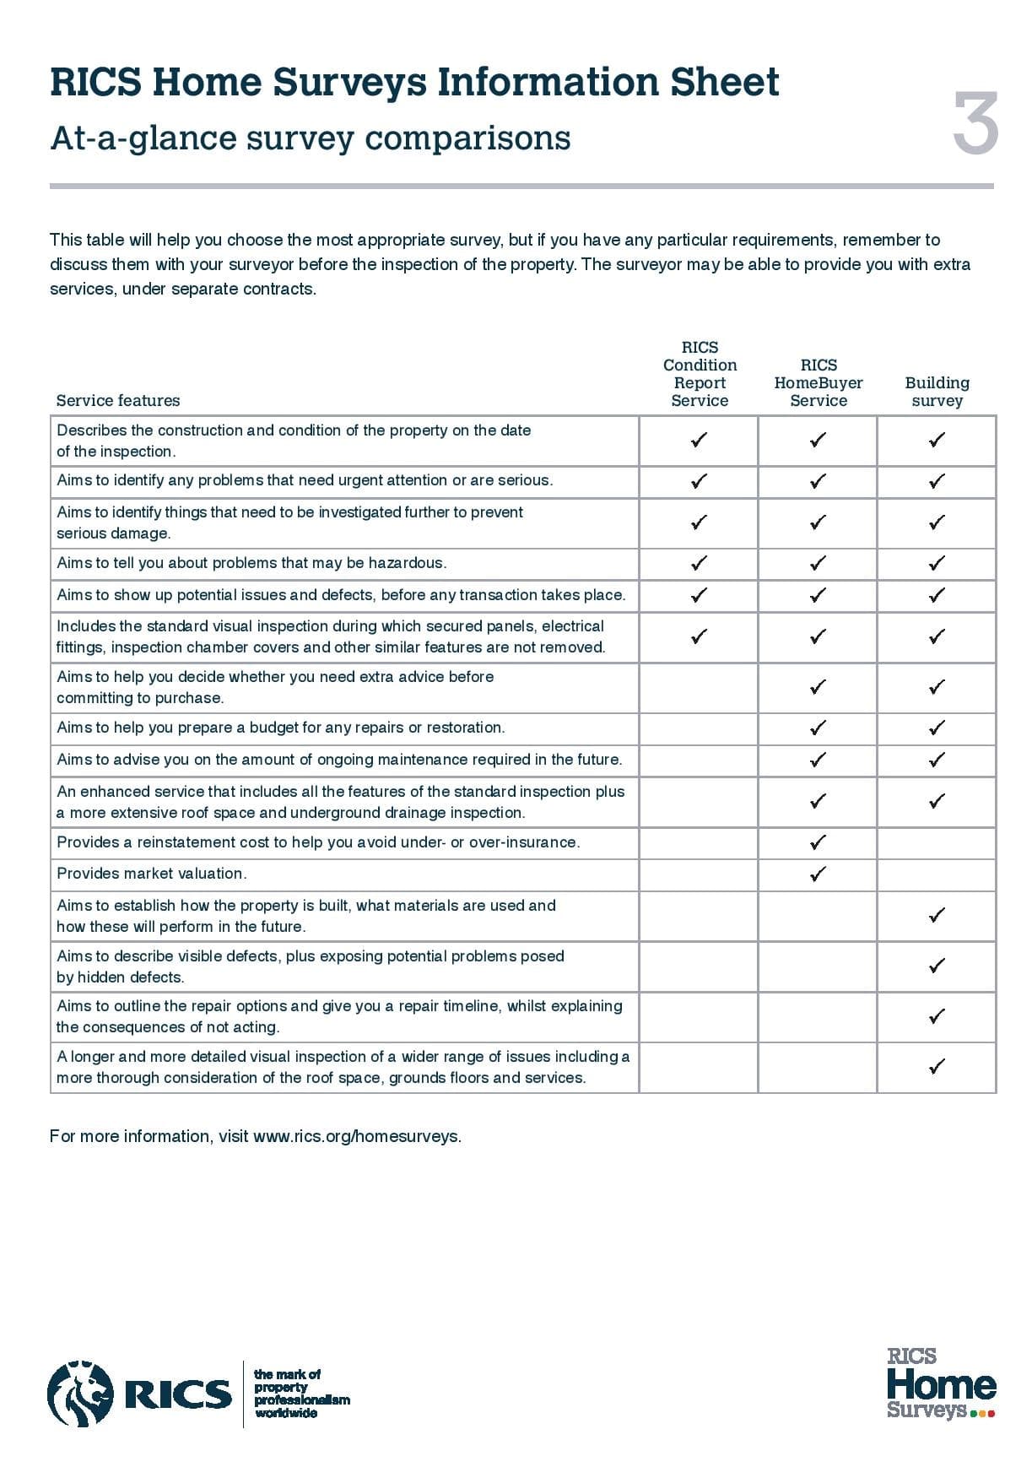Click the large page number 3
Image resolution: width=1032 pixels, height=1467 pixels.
(975, 124)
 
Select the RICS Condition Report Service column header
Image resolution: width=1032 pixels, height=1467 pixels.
(700, 374)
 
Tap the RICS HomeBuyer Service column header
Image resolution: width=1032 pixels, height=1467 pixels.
(818, 382)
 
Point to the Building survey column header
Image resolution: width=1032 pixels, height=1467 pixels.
(937, 392)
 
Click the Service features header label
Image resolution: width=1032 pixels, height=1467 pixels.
(118, 400)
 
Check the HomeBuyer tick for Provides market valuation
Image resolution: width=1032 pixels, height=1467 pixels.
(817, 874)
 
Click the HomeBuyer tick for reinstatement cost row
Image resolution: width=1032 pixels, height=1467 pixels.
(817, 842)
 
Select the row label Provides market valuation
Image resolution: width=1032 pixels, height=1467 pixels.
(152, 874)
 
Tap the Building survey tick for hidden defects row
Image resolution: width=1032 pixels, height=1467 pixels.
(936, 966)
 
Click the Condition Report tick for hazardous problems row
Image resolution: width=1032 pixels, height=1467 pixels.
(699, 563)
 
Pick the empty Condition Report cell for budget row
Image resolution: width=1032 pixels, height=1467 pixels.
(699, 728)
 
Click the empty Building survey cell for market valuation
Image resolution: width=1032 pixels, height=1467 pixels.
(936, 874)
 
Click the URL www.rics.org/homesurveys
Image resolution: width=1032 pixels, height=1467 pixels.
(357, 1136)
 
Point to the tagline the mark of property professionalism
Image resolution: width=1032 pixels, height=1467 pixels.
(301, 1394)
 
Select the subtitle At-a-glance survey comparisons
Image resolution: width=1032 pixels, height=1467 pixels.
(311, 138)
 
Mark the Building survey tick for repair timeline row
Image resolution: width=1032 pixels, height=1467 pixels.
(936, 1016)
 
